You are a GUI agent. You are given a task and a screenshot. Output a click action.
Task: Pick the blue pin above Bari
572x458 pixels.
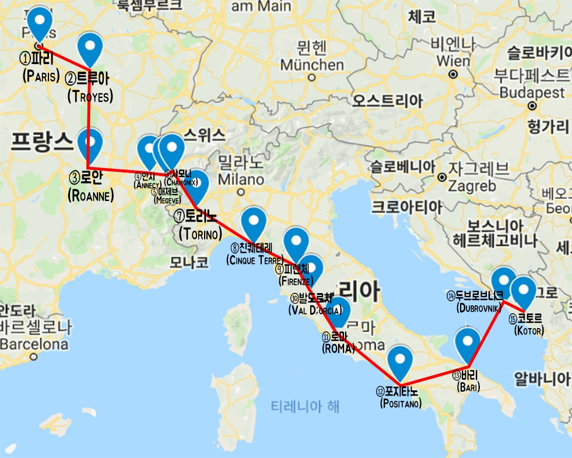(468, 344)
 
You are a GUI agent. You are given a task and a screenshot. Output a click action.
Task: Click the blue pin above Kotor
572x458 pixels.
(524, 291)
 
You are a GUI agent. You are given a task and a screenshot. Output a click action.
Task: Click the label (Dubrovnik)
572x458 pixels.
(479, 308)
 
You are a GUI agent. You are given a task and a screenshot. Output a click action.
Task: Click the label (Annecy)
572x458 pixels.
(147, 185)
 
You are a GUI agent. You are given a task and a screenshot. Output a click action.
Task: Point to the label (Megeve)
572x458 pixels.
(167, 200)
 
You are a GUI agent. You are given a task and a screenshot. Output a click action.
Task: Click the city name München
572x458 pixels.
(312, 65)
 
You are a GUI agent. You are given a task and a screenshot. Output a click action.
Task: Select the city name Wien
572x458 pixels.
(453, 61)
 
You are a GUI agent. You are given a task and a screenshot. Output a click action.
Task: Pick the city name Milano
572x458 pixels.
(241, 177)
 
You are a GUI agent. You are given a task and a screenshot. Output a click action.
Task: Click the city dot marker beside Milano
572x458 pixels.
(241, 191)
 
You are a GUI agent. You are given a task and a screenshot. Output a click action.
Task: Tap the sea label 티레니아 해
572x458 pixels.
(305, 406)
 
